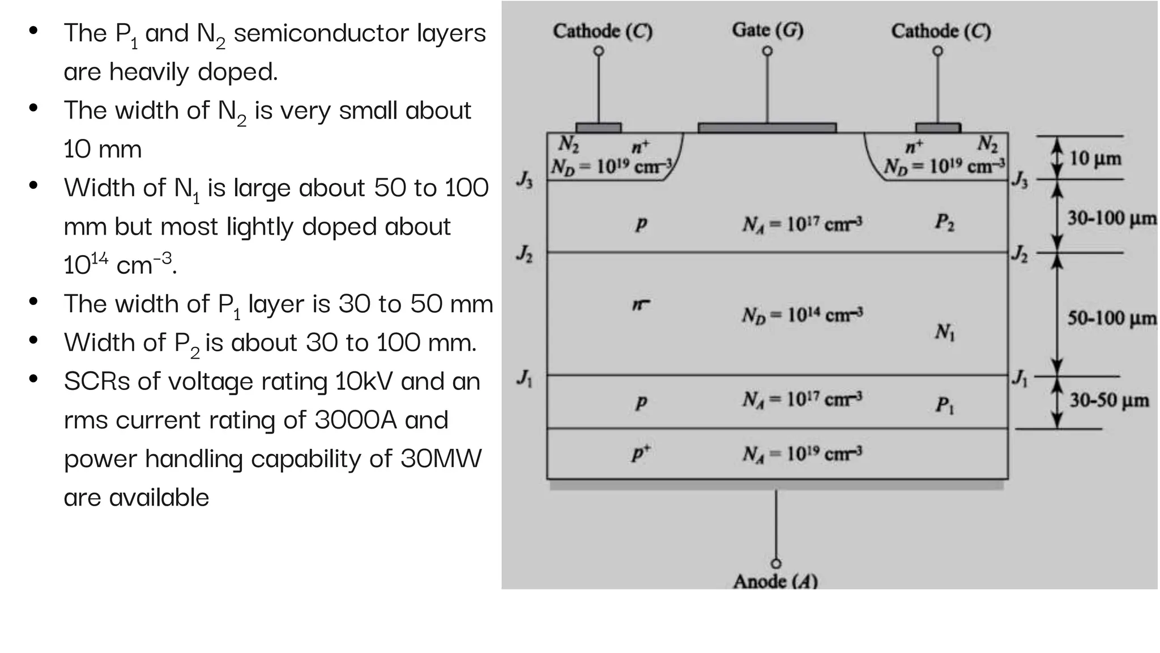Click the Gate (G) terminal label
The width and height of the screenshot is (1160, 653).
[x=767, y=30]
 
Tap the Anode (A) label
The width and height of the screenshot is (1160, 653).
[x=775, y=581]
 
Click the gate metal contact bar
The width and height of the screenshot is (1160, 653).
[x=767, y=128]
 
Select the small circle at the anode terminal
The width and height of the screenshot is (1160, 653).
[x=776, y=563]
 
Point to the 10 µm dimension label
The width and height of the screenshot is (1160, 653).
[x=1095, y=158]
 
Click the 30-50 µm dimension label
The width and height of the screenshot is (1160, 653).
[x=1108, y=400]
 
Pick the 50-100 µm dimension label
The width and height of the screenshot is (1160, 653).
[x=1111, y=317]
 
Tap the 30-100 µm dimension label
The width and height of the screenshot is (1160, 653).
[x=1111, y=218]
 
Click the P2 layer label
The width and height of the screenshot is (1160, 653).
[x=944, y=222]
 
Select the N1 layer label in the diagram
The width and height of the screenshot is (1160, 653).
[x=945, y=332]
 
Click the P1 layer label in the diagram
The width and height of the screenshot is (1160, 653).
[x=944, y=405]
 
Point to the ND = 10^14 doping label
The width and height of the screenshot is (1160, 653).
[x=802, y=315]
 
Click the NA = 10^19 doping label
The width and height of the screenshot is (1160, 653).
[x=802, y=454]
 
